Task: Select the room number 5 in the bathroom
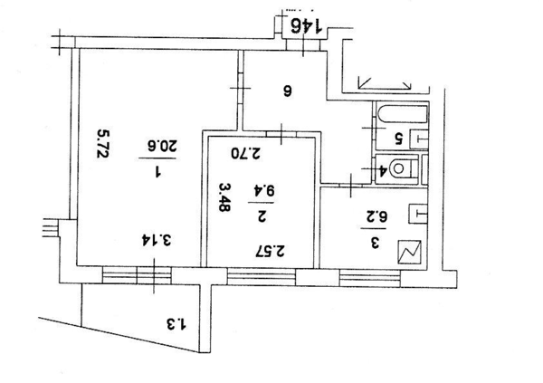[x=396, y=139]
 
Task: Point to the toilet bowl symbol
[x=404, y=168]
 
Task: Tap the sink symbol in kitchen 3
[x=418, y=215]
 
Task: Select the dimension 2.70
[x=245, y=152]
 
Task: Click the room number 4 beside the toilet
[x=384, y=169]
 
